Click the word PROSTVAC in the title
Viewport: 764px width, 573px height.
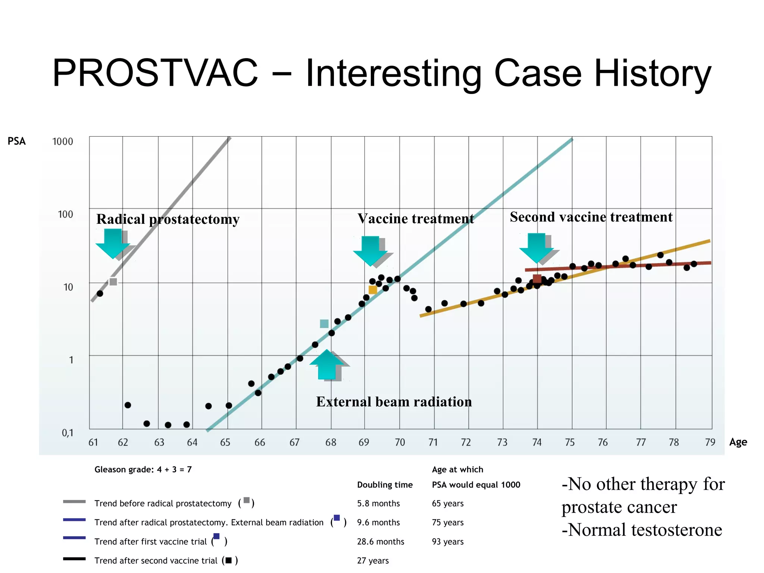pos(155,73)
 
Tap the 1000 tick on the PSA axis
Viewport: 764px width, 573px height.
pos(63,141)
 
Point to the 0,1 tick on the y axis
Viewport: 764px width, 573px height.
pos(67,433)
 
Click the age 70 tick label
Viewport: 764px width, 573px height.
pos(400,442)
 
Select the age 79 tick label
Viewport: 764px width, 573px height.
pos(710,442)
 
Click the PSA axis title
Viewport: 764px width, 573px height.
pos(17,141)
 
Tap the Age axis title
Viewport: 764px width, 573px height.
pos(738,442)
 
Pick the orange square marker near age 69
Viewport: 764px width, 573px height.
pos(372,290)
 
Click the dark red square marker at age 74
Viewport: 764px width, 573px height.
pos(537,279)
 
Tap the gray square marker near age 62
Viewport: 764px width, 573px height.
pos(113,282)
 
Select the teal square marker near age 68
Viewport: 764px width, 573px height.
pos(324,323)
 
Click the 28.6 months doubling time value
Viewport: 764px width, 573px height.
pos(381,541)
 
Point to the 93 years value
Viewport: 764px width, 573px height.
pos(448,541)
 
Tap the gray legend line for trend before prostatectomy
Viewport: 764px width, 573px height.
pos(74,502)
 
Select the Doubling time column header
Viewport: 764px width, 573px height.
pos(385,485)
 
